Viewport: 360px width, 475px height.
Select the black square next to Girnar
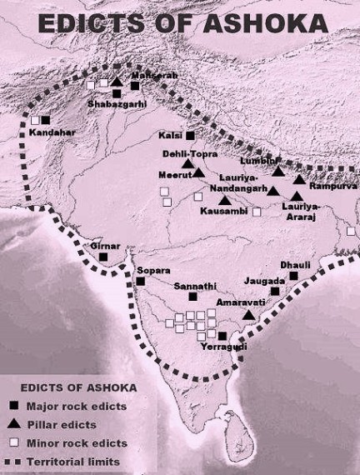(x=102, y=257)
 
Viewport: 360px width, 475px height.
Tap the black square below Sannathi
(x=192, y=296)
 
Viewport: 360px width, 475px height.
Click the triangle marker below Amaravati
(x=249, y=315)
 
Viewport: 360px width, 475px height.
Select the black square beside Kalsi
(x=190, y=135)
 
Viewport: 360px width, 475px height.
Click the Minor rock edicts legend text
(x=77, y=442)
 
